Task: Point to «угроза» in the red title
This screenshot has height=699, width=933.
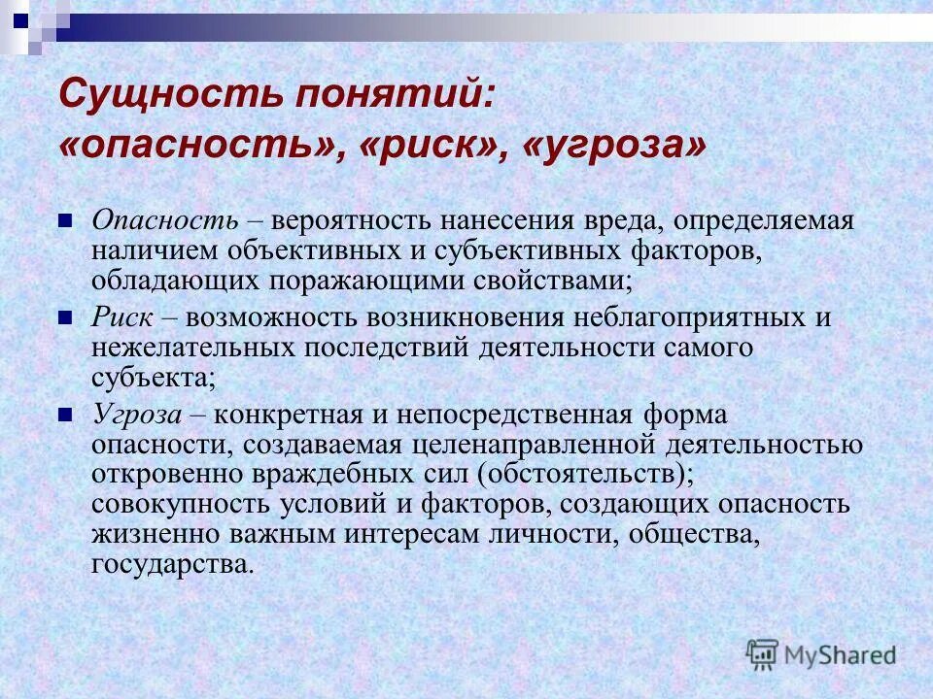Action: [611, 148]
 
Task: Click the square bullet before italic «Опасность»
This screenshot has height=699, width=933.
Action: [66, 220]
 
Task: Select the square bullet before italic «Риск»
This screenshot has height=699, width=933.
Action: [66, 316]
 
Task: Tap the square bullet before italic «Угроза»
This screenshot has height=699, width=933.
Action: [66, 414]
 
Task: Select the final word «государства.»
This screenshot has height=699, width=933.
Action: [173, 565]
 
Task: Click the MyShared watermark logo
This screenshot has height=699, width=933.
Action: [822, 653]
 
